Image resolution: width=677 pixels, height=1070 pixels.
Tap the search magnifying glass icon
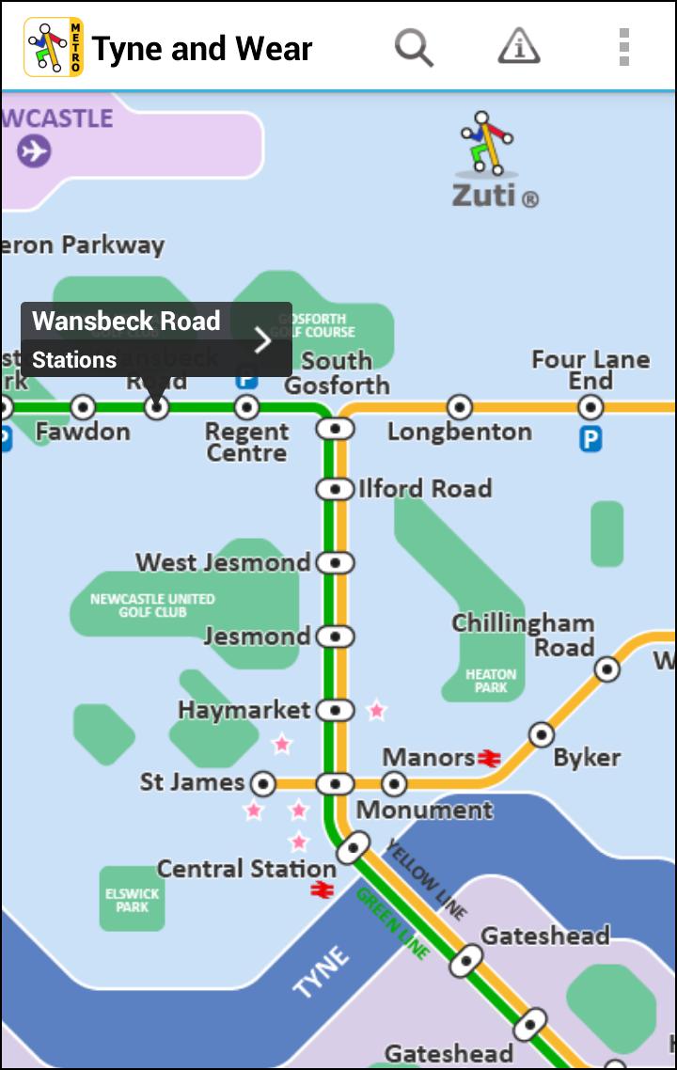point(414,46)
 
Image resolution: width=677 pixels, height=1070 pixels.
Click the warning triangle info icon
point(518,46)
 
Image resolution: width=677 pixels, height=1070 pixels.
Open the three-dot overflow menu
point(623,46)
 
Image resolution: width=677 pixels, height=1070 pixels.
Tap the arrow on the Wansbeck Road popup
point(262,339)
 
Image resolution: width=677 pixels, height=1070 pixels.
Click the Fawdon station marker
point(83,407)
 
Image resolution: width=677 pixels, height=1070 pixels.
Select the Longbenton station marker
point(459,407)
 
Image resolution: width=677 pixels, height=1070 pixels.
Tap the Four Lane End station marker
point(590,407)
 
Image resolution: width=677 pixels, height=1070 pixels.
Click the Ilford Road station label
point(424,489)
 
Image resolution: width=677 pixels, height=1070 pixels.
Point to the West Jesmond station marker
point(334,562)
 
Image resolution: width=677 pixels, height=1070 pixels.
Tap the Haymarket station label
point(244,710)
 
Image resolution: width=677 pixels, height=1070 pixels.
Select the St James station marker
point(263,783)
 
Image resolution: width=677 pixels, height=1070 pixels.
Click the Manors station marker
point(394,783)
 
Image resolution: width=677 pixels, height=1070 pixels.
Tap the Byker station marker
point(541,733)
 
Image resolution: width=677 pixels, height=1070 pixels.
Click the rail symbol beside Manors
point(488,758)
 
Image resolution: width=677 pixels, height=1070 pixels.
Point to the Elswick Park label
point(132,900)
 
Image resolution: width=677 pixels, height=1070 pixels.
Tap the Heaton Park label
point(491,681)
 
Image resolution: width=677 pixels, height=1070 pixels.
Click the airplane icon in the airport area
point(34,150)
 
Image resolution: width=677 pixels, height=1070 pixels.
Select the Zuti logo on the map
point(493,160)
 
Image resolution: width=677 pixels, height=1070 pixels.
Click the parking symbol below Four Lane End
point(590,439)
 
